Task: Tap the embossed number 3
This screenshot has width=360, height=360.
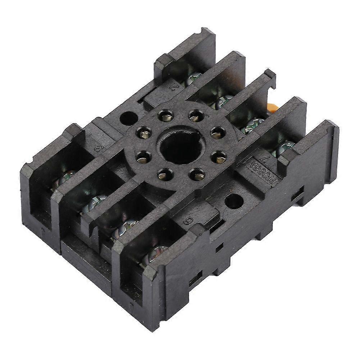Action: point(97,148)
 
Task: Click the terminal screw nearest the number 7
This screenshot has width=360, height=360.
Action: point(284,147)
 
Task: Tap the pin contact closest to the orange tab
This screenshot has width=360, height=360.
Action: point(218,133)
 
